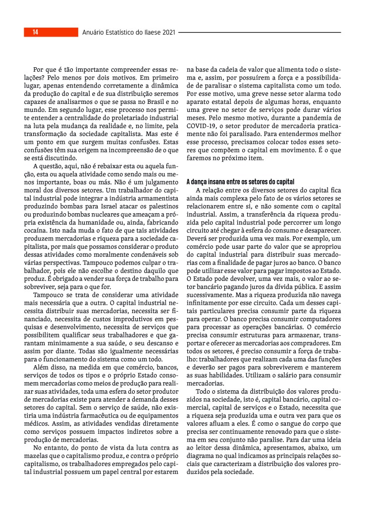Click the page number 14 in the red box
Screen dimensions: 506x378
tap(36, 33)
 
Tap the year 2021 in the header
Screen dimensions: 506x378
tap(168, 33)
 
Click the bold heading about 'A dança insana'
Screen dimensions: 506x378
tap(240, 182)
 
